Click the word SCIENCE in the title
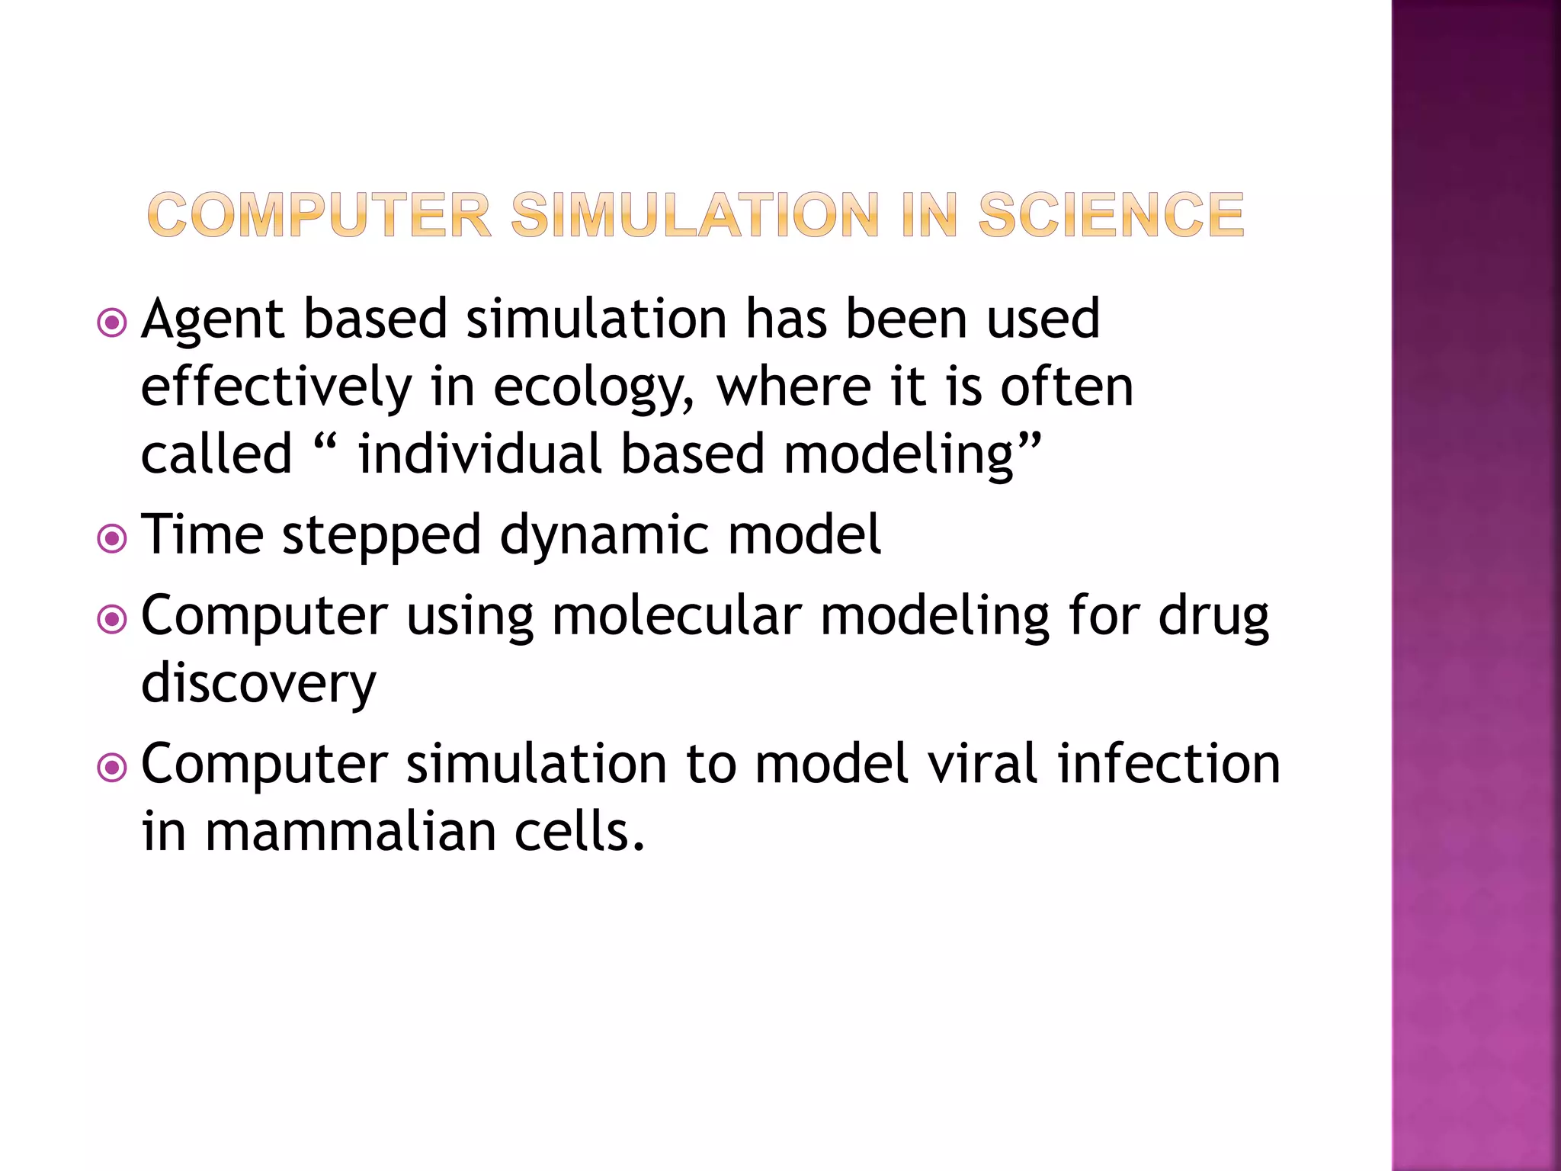click(1111, 215)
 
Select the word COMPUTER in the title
click(319, 215)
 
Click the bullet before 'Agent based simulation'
click(113, 322)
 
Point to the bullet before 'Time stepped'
click(113, 539)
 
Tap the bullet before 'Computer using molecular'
click(113, 619)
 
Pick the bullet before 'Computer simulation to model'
click(113, 767)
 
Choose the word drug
click(1213, 615)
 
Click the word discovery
click(258, 683)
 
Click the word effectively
click(276, 387)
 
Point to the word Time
click(203, 534)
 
